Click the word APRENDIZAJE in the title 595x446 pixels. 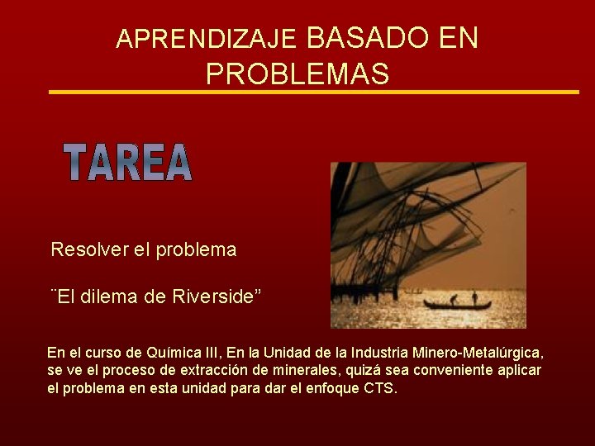(206, 39)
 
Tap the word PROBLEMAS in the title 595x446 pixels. (297, 74)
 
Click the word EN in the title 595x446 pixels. (459, 38)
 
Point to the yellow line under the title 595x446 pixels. (314, 92)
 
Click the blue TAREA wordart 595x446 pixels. (128, 163)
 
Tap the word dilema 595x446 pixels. (119, 297)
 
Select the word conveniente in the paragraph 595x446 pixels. (445, 370)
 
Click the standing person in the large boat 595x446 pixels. (474, 297)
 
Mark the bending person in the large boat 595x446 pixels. (452, 300)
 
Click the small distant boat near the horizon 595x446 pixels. (412, 292)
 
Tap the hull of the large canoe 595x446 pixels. (459, 306)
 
